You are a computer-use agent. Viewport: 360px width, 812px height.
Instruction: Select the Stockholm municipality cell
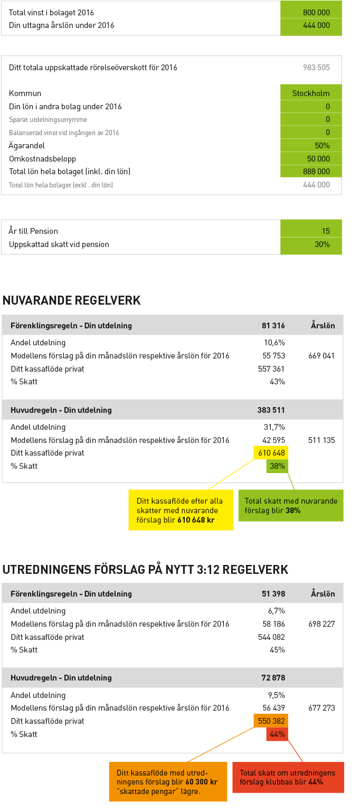(311, 93)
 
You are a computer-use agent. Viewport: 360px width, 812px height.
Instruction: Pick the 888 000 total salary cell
(311, 171)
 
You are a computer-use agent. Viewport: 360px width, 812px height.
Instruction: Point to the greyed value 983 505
(317, 68)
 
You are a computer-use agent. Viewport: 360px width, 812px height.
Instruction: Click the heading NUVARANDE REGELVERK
(71, 300)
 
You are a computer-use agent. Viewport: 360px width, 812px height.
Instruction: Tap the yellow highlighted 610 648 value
(271, 453)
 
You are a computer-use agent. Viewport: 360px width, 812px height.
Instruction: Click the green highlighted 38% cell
(277, 466)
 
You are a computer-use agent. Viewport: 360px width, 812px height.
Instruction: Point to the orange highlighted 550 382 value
(271, 721)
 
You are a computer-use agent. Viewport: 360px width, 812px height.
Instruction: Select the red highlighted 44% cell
(277, 734)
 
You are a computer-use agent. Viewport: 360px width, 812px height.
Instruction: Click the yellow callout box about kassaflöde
(181, 510)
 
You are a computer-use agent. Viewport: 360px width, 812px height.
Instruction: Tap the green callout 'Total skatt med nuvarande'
(291, 506)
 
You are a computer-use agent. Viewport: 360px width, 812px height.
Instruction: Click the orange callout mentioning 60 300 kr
(168, 781)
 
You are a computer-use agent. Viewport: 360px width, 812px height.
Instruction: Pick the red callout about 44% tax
(288, 777)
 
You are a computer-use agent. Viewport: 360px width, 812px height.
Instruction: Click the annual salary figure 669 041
(321, 356)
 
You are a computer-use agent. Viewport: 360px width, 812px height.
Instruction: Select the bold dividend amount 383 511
(271, 410)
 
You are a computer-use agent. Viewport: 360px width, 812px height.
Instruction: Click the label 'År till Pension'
(33, 231)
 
